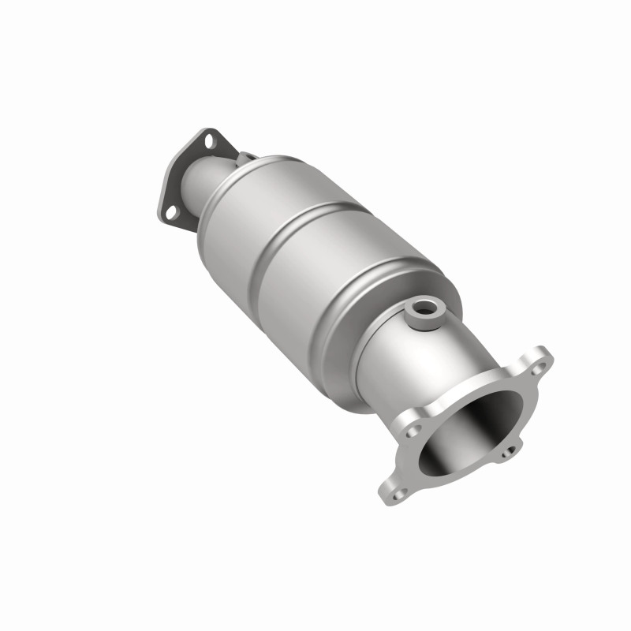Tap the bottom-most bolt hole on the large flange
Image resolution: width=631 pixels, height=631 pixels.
[398, 492]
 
